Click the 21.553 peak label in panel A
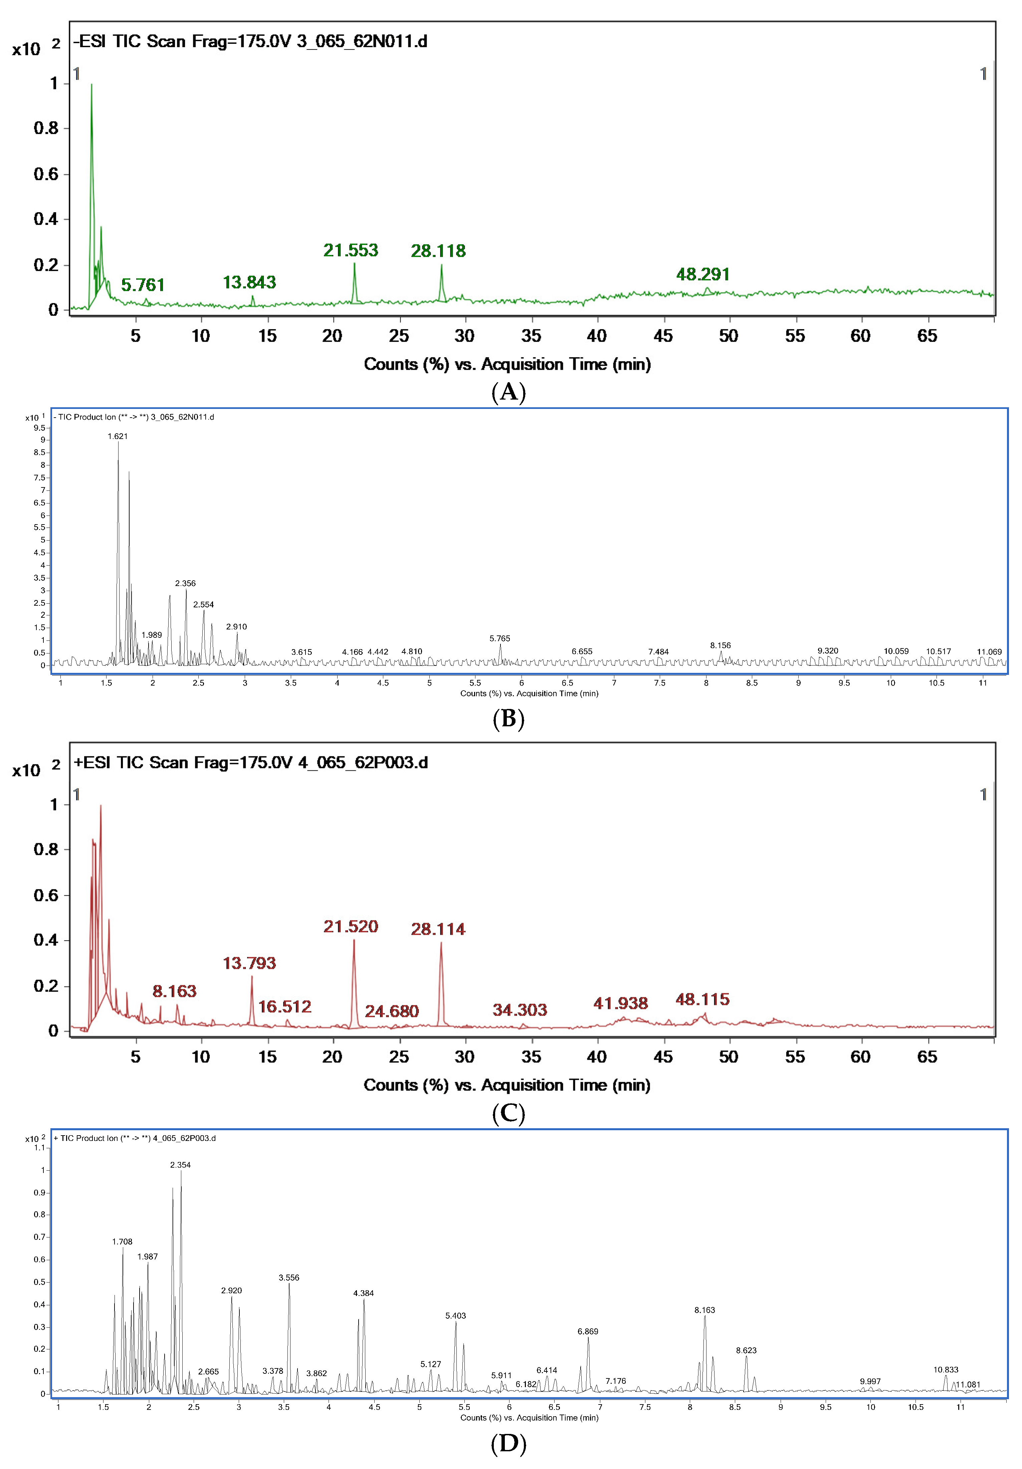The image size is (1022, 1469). pos(351,250)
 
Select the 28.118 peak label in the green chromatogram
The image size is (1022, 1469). pos(438,251)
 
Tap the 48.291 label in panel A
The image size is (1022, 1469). pos(703,275)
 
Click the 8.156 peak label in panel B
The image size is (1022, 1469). pos(720,645)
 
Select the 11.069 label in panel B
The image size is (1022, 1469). pos(989,652)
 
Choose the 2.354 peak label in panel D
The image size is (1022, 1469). pos(180,1165)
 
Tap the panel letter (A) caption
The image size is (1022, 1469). pos(508,392)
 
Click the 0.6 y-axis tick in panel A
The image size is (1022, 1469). pos(46,174)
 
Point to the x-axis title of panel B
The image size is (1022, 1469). pos(529,694)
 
